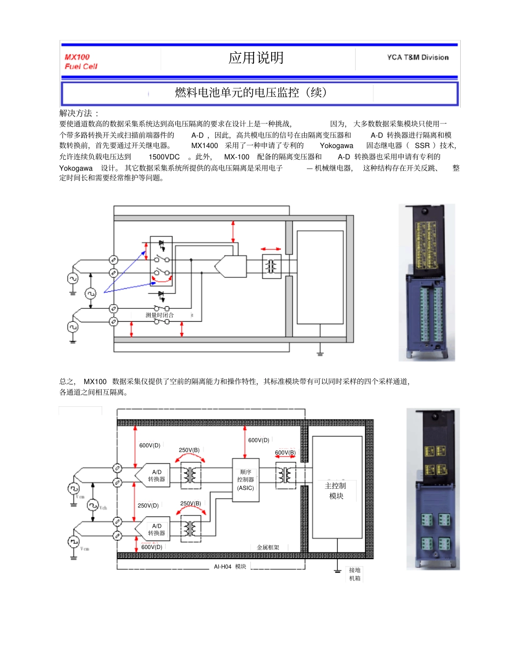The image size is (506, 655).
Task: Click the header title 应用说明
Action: coord(256,58)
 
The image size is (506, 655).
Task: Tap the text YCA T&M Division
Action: coord(418,58)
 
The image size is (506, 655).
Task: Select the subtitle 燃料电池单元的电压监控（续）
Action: coord(251,93)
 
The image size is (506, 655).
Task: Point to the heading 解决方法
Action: coord(78,113)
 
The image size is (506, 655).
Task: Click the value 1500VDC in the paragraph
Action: coord(164,157)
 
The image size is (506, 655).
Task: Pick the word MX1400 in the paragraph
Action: coord(205,145)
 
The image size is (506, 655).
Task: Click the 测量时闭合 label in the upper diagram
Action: coord(159,315)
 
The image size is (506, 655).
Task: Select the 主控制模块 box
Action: coord(337,490)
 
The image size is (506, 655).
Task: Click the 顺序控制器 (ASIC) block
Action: coord(246,480)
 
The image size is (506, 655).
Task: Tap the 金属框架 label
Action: coord(267,547)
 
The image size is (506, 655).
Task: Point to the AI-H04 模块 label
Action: coord(230,567)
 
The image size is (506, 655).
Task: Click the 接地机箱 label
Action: coord(354,574)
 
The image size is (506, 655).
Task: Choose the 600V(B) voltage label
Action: coord(285,452)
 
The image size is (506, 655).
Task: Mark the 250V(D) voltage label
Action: coord(148,505)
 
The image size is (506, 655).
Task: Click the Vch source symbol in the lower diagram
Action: coord(93,504)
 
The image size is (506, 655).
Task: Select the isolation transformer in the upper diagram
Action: coord(272,266)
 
